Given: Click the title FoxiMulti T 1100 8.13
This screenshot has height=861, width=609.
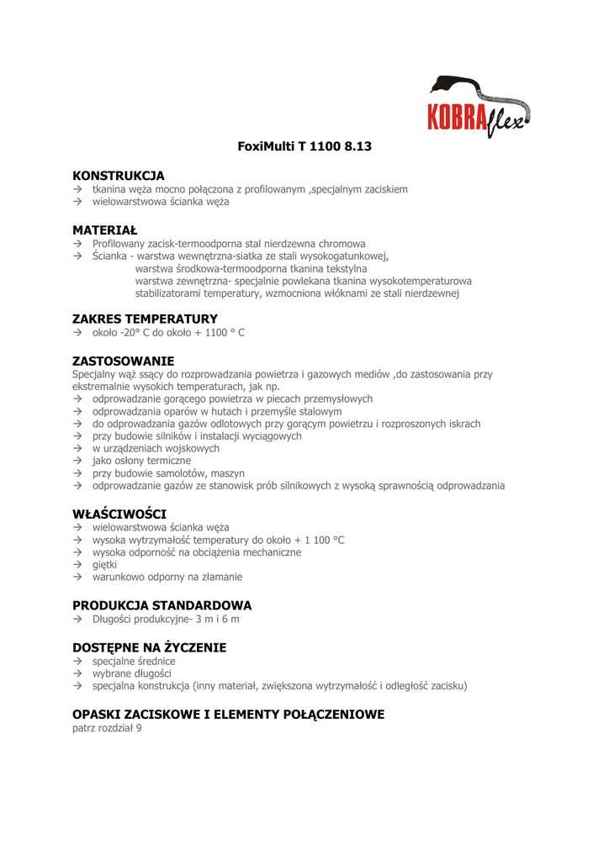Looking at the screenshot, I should (x=304, y=146).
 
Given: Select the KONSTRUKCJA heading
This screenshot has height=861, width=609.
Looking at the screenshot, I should (x=119, y=176).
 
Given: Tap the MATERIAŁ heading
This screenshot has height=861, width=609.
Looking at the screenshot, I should (x=104, y=230).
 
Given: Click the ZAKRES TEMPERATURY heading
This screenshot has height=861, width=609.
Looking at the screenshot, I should (x=145, y=319).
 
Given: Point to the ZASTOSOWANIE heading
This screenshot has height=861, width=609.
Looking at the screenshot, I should (x=123, y=361).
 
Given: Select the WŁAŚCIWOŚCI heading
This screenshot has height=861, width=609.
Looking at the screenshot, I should (x=119, y=514).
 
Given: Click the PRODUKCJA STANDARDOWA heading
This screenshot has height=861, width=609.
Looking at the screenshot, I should (x=162, y=605).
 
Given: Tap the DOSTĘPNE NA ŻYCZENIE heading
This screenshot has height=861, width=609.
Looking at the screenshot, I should (x=149, y=647).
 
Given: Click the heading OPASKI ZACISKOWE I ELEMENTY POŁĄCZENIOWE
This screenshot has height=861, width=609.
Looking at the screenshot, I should (x=228, y=715).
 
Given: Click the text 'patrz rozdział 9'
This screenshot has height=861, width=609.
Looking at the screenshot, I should (x=107, y=728).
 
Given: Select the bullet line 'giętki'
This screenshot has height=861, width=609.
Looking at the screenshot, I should (x=105, y=564).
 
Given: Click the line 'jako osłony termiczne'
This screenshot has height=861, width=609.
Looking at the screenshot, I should (x=141, y=461).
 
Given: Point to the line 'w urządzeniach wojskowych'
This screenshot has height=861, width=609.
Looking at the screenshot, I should (x=156, y=448).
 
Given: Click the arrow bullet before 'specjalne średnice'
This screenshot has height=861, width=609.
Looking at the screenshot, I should (x=77, y=662).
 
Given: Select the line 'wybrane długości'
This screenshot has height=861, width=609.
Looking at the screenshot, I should (x=132, y=673).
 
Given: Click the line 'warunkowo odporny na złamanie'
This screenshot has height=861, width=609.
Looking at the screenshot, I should (x=167, y=577).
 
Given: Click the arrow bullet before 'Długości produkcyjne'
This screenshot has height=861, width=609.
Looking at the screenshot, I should (x=77, y=620).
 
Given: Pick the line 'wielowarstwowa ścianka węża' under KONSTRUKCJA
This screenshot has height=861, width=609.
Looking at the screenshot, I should (x=161, y=202).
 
